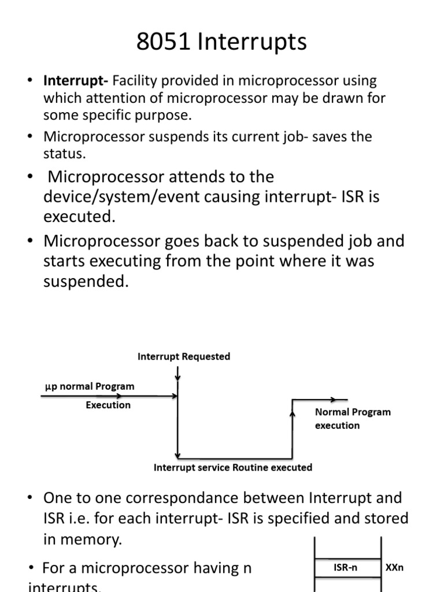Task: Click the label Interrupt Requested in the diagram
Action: click(x=183, y=357)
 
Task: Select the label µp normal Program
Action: click(x=90, y=386)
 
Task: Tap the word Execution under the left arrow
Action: click(x=108, y=405)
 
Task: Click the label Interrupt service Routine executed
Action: click(x=232, y=467)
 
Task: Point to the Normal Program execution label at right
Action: click(x=352, y=419)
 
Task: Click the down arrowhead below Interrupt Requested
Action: click(x=177, y=378)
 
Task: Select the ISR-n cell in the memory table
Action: click(x=346, y=568)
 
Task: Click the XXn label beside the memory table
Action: click(x=394, y=568)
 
